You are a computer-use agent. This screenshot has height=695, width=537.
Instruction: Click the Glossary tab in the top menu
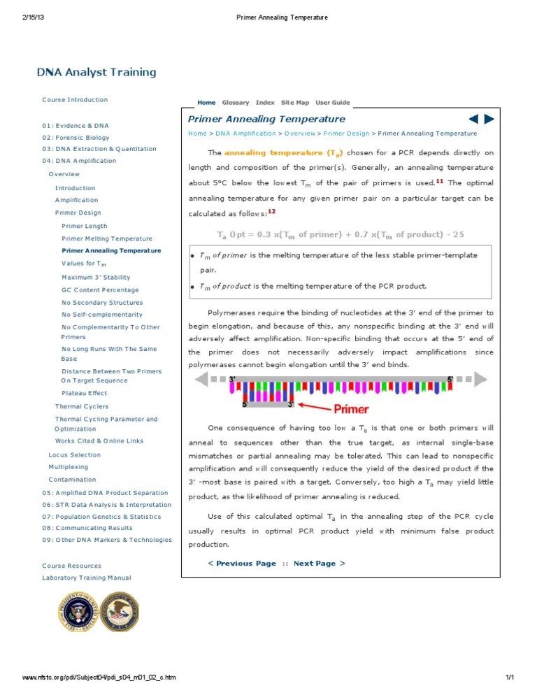point(235,103)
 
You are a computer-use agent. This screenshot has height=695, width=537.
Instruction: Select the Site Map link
point(294,103)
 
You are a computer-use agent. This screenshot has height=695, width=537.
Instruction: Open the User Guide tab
point(332,103)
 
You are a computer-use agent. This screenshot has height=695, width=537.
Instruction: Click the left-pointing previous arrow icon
point(473,120)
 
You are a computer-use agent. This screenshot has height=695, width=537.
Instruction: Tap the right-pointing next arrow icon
point(489,120)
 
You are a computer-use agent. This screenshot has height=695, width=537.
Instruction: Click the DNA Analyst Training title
point(96,72)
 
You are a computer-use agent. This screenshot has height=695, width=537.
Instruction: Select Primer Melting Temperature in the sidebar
point(106,238)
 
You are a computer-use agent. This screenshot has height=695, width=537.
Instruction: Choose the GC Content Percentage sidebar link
point(100,289)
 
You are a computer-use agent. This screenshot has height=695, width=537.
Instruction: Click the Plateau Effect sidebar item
point(84,393)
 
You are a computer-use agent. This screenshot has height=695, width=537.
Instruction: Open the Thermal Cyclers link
point(82,406)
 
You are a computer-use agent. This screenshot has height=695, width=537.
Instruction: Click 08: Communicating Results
point(87,528)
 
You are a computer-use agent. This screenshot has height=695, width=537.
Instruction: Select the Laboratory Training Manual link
point(86,578)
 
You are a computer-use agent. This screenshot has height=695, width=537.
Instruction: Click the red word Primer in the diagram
point(350,408)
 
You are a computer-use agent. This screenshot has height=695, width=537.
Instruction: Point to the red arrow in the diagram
point(315,406)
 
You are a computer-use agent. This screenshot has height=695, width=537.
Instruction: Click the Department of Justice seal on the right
point(120,612)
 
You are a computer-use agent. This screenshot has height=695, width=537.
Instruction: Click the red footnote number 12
point(271,212)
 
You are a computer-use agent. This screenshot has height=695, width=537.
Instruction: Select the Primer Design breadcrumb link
point(346,134)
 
